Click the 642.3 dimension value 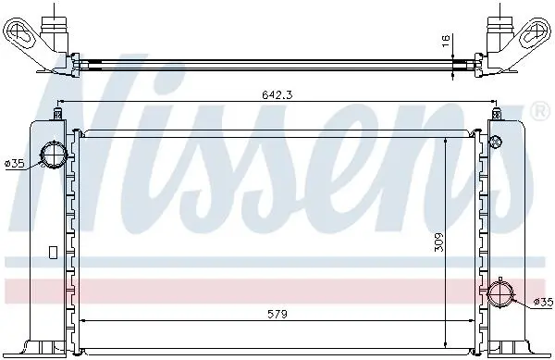coord(277,94)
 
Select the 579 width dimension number coord(277,314)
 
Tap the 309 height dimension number coord(438,242)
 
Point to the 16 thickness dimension coord(446,40)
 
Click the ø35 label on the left coord(14,164)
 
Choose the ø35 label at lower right coord(543,302)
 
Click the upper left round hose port coord(55,154)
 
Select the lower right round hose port coord(500,293)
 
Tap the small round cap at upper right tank coord(495,142)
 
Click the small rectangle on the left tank coord(53,253)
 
